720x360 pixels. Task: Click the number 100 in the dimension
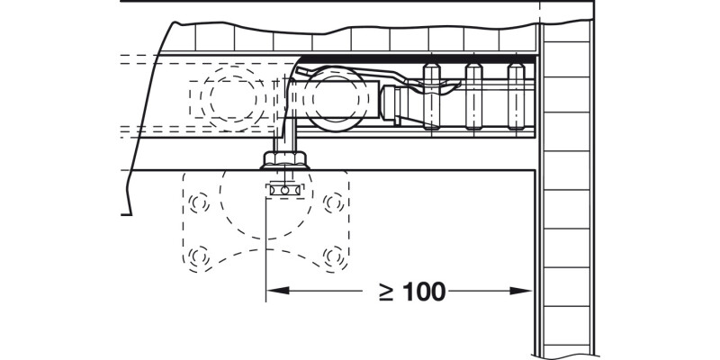423,292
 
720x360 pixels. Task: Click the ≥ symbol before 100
384,292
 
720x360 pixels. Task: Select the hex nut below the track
286,161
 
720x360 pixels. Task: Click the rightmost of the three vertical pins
516,97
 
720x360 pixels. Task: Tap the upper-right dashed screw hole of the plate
334,202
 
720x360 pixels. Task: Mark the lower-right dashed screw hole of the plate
334,257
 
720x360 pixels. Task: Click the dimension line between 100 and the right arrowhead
486,291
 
